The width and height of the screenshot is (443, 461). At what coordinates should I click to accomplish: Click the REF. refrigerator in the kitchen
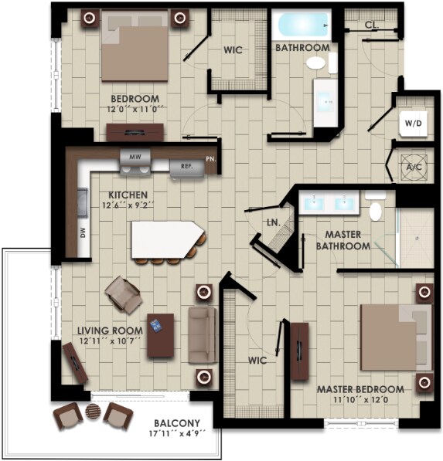pos(186,166)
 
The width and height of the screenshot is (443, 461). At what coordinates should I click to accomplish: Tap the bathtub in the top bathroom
pos(301,25)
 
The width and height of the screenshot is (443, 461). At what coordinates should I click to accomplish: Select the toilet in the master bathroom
pos(376,209)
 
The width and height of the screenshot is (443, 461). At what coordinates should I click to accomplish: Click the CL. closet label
pos(371,25)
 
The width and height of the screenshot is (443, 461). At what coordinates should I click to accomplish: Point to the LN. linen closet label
pos(271,223)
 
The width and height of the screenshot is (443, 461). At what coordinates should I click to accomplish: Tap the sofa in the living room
pos(202,334)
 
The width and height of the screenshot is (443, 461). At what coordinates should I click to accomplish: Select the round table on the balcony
pos(93,413)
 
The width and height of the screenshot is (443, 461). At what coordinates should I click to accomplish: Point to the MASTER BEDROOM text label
pos(360,389)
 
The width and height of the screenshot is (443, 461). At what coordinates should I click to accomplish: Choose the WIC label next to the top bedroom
pos(233,50)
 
